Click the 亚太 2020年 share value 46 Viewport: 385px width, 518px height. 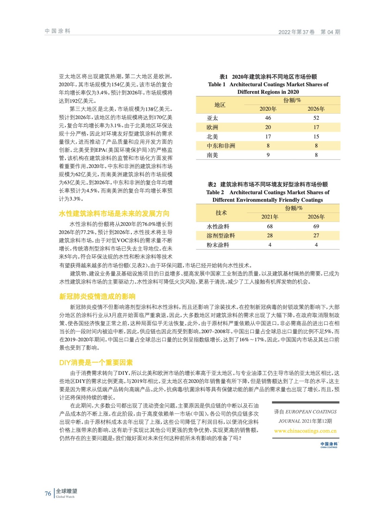pyautogui.click(x=268, y=118)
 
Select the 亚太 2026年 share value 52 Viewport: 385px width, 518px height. pyautogui.click(x=316, y=118)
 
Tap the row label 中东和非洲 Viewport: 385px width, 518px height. pyautogui.click(x=221, y=146)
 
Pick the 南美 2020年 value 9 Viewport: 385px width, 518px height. pyautogui.click(x=268, y=155)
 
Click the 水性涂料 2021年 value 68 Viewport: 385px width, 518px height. pyautogui.click(x=270, y=226)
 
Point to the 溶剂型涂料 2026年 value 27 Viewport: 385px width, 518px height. pyautogui.click(x=316, y=236)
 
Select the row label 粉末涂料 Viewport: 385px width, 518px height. pyautogui.click(x=218, y=245)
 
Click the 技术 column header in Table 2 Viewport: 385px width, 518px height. pyautogui.click(x=221, y=213)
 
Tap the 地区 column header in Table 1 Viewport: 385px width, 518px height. pyautogui.click(x=220, y=105)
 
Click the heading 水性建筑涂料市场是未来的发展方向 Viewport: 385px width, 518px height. pyautogui.click(x=114, y=214)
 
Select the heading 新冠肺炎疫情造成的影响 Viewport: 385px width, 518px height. pyautogui.click(x=97, y=297)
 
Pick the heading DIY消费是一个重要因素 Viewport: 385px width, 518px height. pyautogui.click(x=96, y=363)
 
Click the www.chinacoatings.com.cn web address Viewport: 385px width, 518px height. pyautogui.click(x=305, y=431)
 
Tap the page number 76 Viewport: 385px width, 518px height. pyautogui.click(x=48, y=494)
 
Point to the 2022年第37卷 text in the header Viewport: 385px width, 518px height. pyautogui.click(x=296, y=32)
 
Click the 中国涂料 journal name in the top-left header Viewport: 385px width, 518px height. pyautogui.click(x=58, y=31)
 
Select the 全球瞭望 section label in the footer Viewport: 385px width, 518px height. pyautogui.click(x=66, y=491)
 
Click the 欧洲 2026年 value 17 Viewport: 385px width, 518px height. pyautogui.click(x=316, y=128)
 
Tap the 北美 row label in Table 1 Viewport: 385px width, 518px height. pyautogui.click(x=212, y=137)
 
